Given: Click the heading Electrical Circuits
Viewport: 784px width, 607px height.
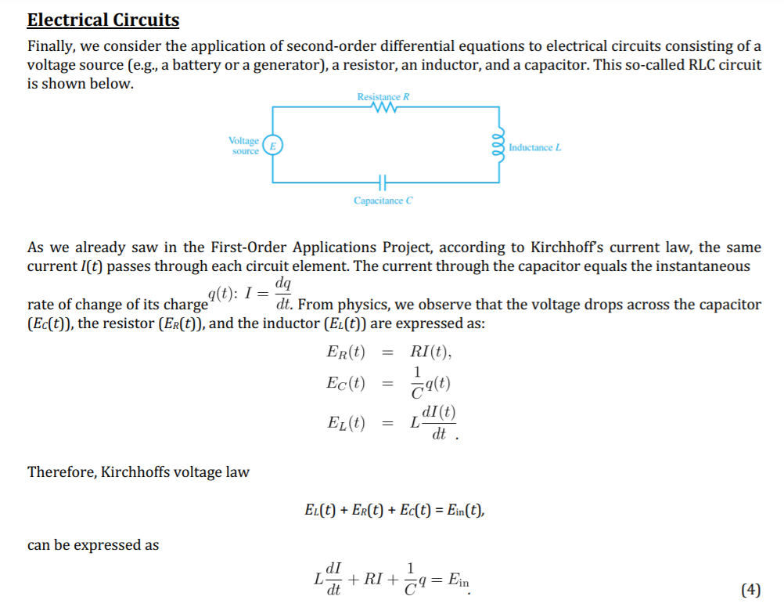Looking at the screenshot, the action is [x=103, y=20].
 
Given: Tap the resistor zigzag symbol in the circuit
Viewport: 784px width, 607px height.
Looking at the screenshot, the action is [x=383, y=110].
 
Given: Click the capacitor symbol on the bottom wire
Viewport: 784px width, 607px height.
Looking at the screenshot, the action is [x=383, y=182].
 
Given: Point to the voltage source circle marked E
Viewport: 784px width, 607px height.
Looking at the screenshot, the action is [x=273, y=146].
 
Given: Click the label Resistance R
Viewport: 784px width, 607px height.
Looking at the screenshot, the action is [x=383, y=97].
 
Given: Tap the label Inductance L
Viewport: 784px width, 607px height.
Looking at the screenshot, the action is [x=535, y=147].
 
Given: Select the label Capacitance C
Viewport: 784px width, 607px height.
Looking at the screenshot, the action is [x=383, y=201].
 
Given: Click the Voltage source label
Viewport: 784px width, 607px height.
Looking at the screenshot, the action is [x=244, y=146].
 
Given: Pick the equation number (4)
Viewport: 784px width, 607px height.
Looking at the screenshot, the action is [x=749, y=590].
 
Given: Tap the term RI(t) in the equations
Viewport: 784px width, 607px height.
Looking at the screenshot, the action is [x=430, y=352].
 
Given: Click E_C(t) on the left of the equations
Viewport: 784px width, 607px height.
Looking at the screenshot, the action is [x=345, y=383].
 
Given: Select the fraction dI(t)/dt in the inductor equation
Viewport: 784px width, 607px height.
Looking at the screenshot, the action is [x=438, y=422].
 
